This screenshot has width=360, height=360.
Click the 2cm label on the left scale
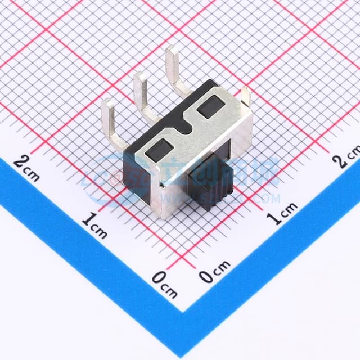pos(26,167)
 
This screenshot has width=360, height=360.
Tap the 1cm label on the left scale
pos(94,224)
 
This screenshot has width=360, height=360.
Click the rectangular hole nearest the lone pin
pos(211,106)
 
